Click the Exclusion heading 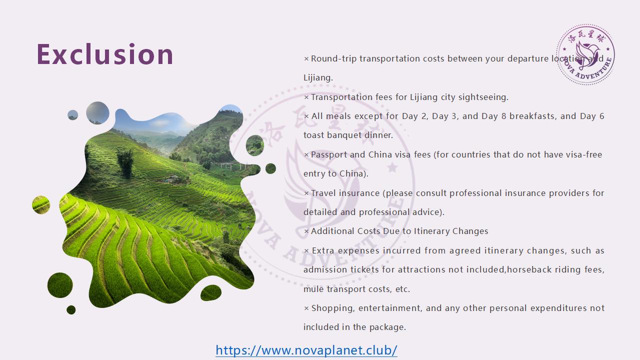click(105, 54)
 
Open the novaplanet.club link click(306, 350)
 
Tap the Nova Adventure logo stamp click(585, 54)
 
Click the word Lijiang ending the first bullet click(317, 77)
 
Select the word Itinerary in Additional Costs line click(431, 231)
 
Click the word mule click(313, 289)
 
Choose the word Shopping click(333, 308)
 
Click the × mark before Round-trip click(306, 59)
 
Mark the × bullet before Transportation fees click(306, 97)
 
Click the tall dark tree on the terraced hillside click(125, 162)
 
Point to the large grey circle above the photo click(97, 113)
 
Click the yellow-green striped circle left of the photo click(41, 205)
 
